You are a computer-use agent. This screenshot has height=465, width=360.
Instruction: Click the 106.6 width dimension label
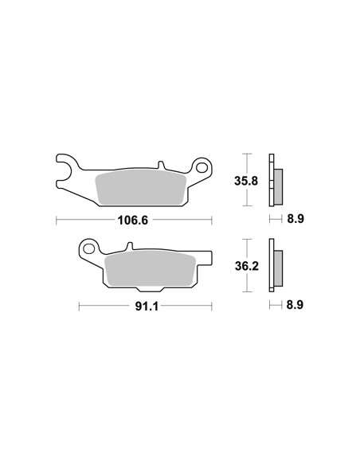pyautogui.click(x=132, y=221)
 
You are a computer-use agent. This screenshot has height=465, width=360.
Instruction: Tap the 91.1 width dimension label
pyautogui.click(x=147, y=307)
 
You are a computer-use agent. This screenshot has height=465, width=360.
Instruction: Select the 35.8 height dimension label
pyautogui.click(x=246, y=181)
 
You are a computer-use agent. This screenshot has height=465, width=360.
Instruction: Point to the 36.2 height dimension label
pyautogui.click(x=247, y=266)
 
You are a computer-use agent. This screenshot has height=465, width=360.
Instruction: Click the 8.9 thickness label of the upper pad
pyautogui.click(x=295, y=219)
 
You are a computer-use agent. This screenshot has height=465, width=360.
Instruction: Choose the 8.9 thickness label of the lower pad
pyautogui.click(x=295, y=305)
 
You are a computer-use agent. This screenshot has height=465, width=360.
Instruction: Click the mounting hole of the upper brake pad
pyautogui.click(x=202, y=168)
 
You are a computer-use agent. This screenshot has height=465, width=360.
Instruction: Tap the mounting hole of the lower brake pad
pyautogui.click(x=88, y=248)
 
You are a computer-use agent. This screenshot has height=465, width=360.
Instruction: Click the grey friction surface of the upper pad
pyautogui.click(x=141, y=187)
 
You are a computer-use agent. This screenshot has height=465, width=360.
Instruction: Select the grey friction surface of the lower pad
pyautogui.click(x=151, y=268)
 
